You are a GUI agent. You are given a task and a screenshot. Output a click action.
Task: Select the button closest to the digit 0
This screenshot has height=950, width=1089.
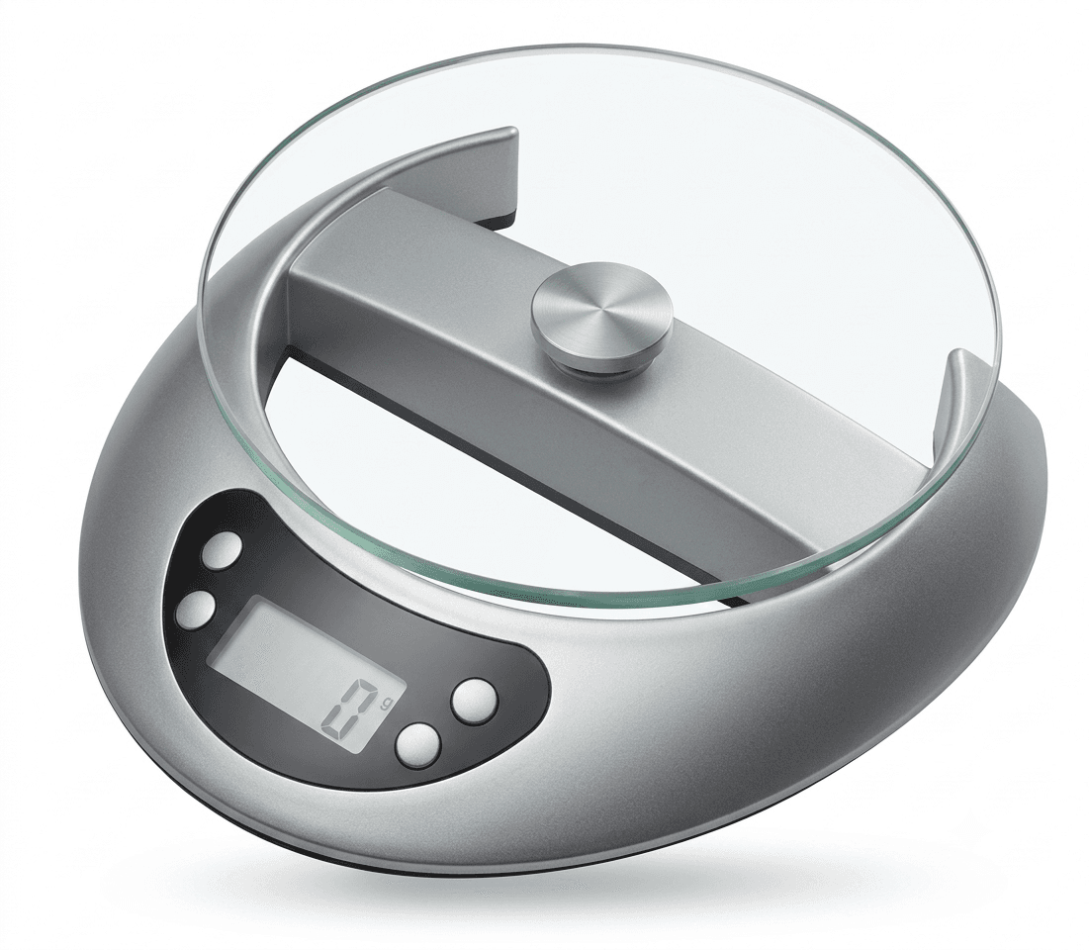pyautogui.click(x=418, y=746)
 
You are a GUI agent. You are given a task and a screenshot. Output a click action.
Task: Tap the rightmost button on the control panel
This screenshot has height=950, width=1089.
pyautogui.click(x=475, y=699)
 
